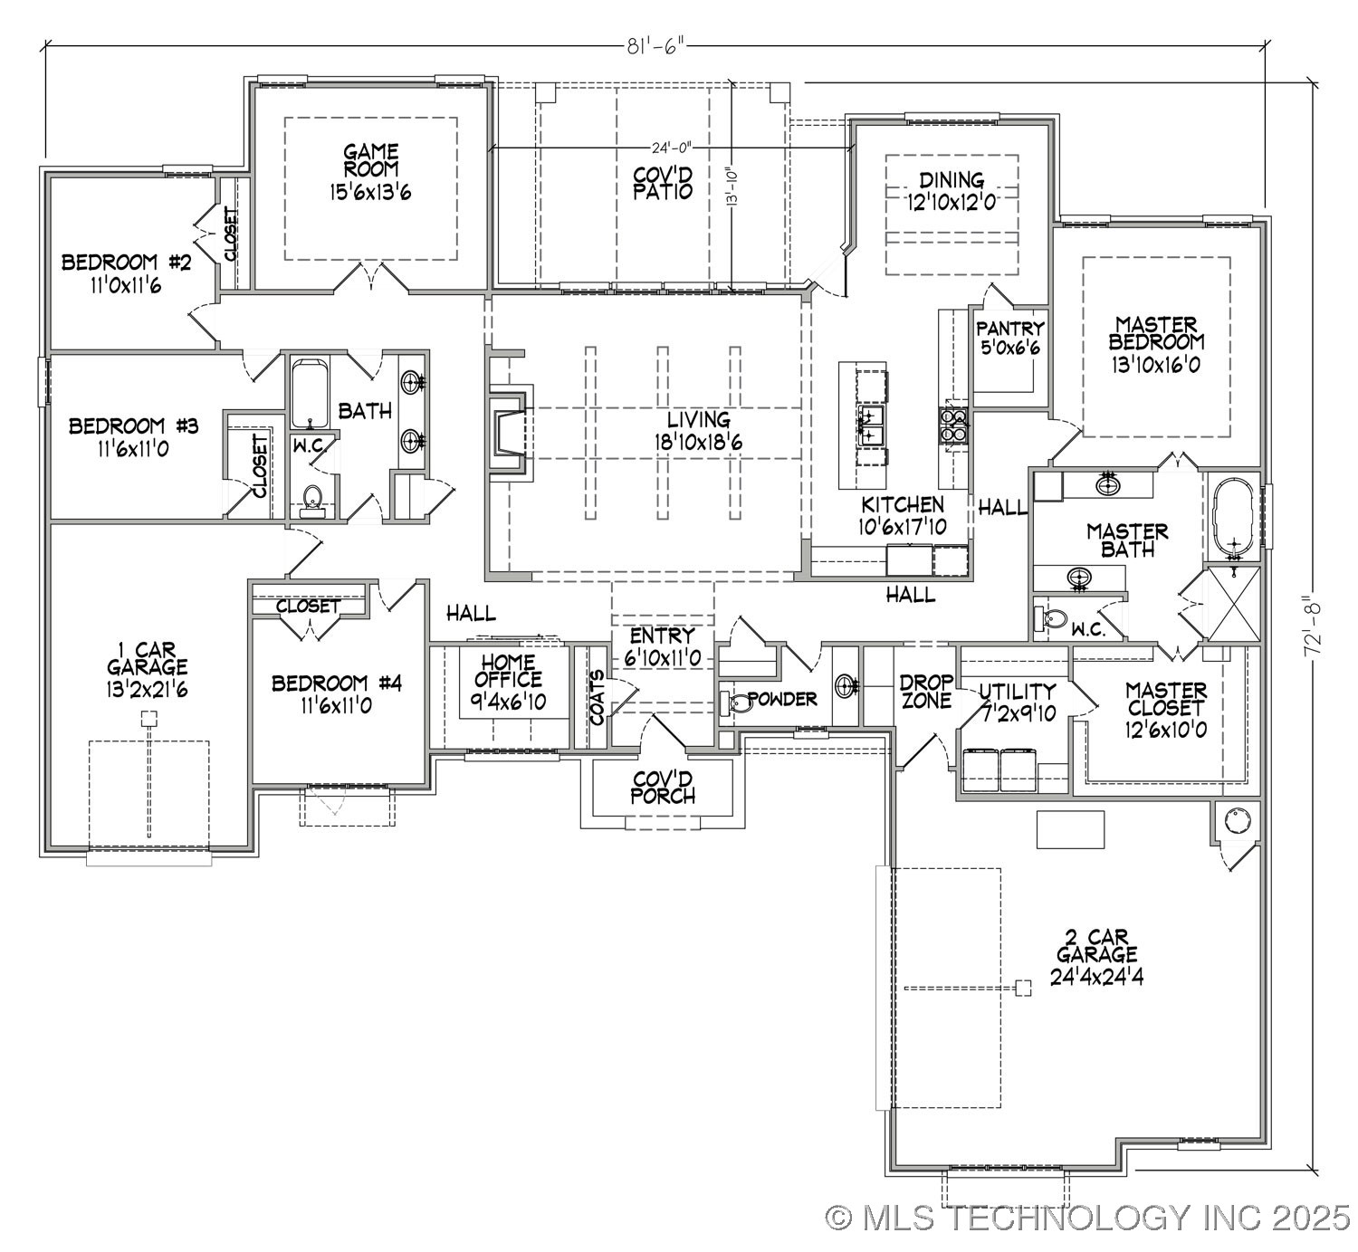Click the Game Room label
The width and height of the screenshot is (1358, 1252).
(370, 171)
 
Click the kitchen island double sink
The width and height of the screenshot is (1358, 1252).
(871, 426)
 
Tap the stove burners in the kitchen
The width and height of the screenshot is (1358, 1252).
(952, 425)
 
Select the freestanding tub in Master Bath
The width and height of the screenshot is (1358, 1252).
(1231, 518)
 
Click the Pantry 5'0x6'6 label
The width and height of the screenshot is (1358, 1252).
(1010, 338)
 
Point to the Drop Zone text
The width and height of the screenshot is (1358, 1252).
(925, 691)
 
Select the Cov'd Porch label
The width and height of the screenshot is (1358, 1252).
(664, 787)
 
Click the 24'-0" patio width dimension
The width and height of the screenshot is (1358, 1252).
(670, 148)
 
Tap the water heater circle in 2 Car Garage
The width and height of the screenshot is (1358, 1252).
(1237, 820)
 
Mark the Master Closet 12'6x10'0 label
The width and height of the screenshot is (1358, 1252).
(1165, 710)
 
